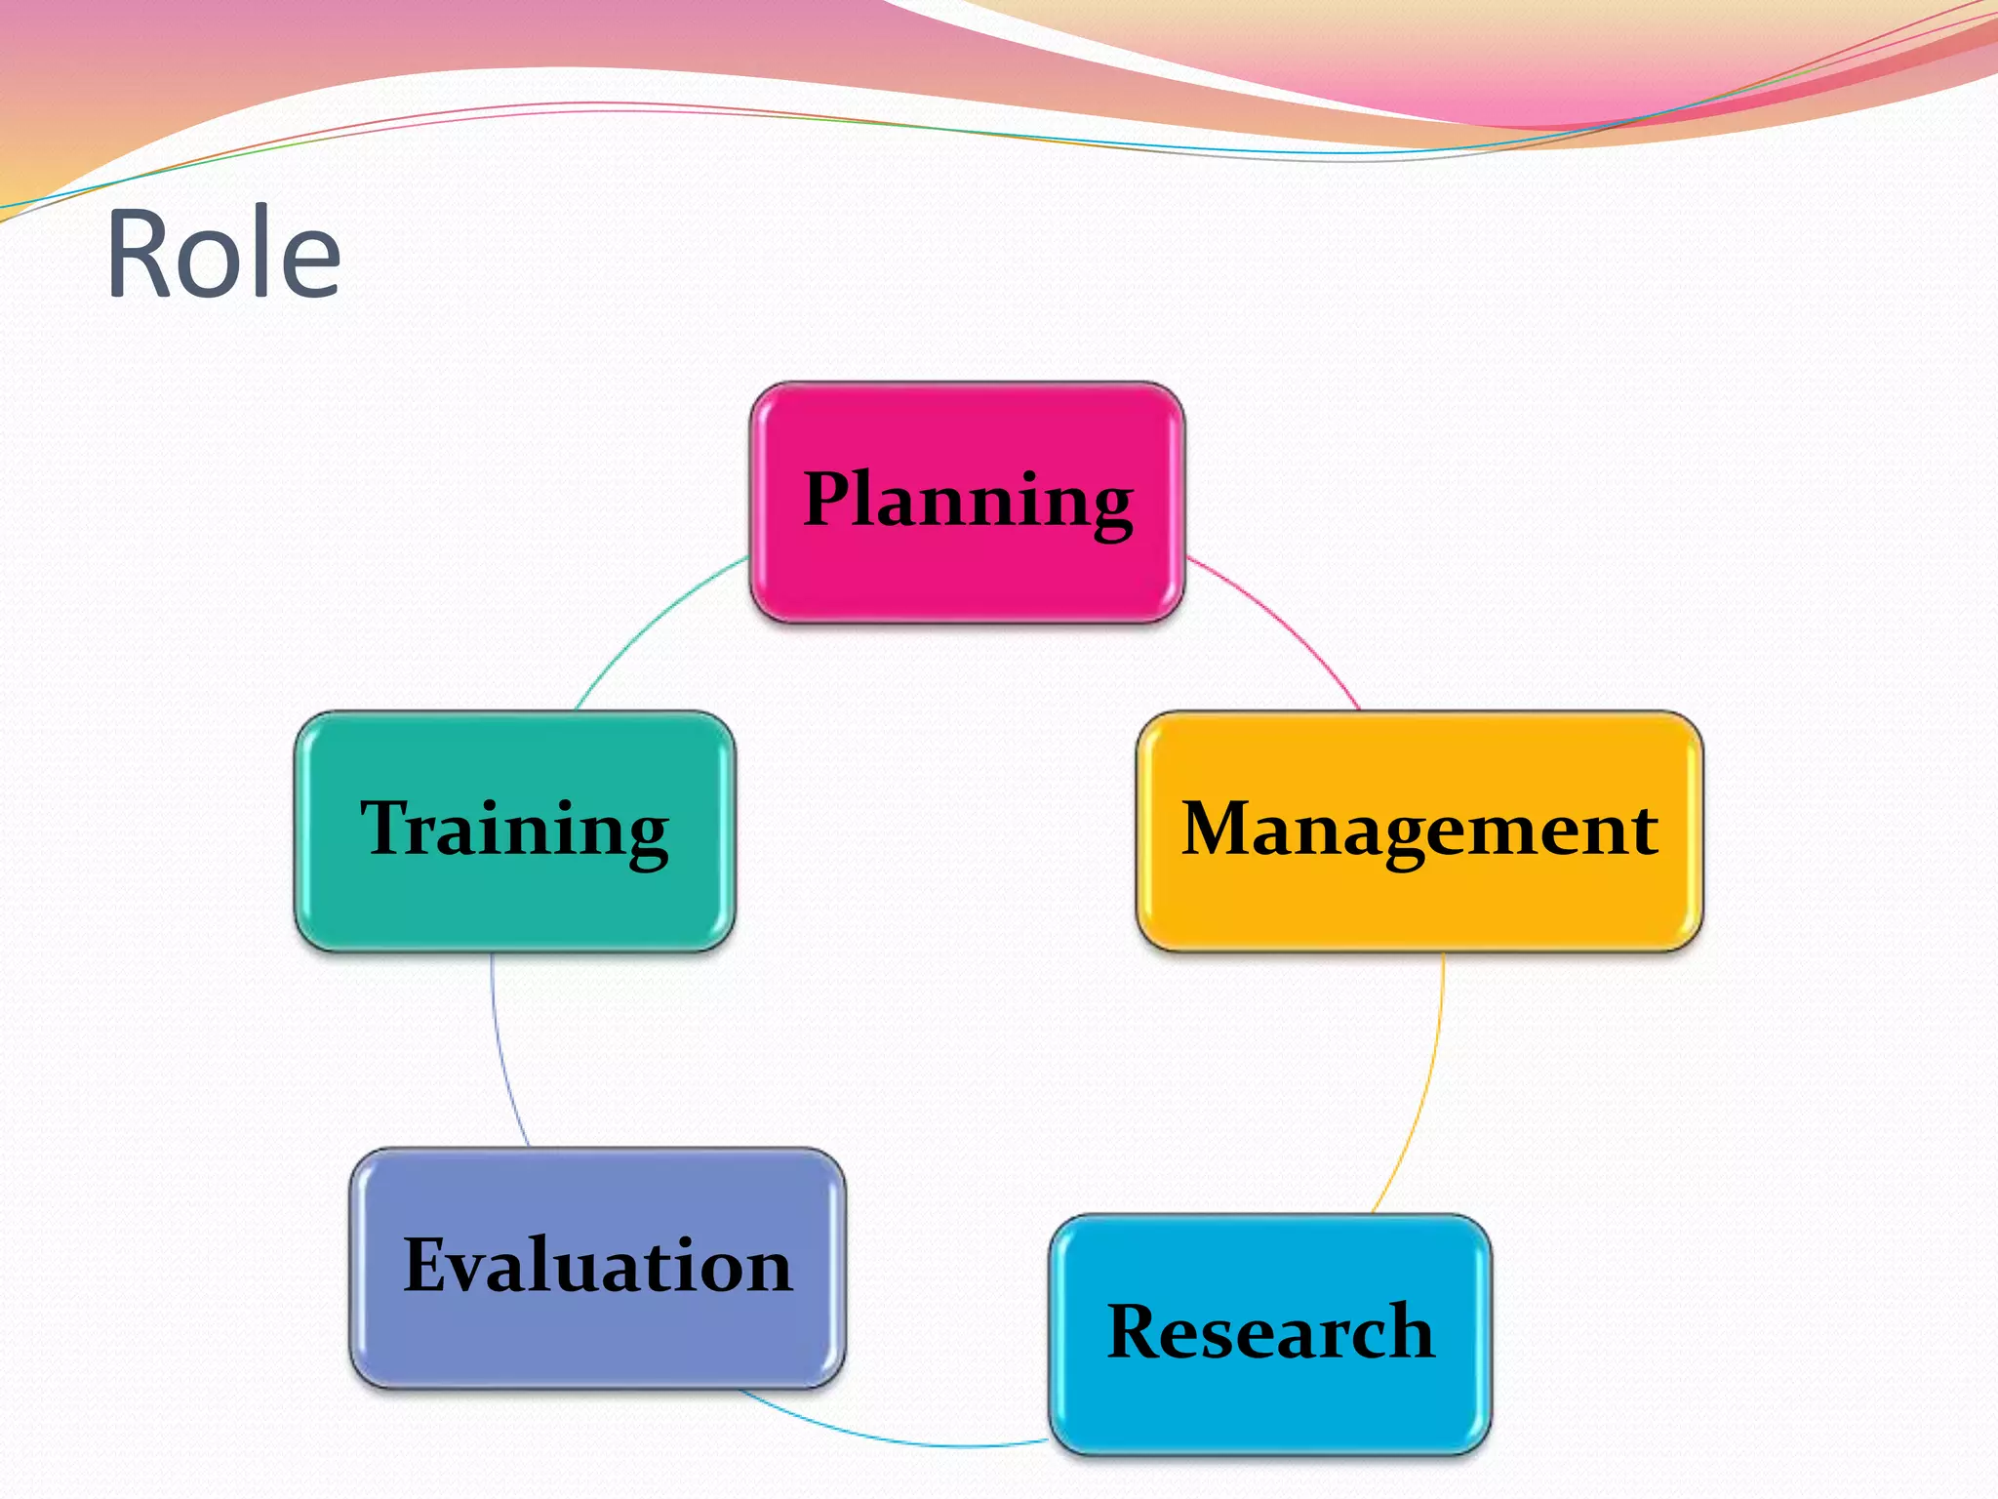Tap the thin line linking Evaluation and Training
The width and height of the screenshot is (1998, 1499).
499,1054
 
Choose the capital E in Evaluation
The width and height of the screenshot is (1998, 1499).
432,1265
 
